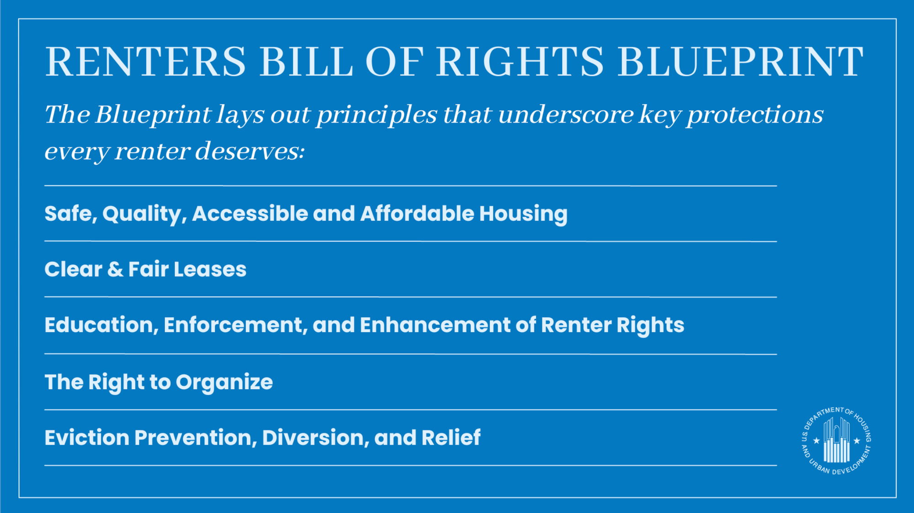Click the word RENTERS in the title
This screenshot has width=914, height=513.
(x=145, y=62)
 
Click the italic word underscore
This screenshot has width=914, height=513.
(x=566, y=114)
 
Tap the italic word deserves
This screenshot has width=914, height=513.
(x=250, y=151)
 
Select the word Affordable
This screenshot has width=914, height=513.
(x=417, y=214)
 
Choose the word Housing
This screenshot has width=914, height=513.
(x=523, y=214)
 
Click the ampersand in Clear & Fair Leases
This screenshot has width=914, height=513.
(x=115, y=269)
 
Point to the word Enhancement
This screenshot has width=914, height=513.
(x=435, y=325)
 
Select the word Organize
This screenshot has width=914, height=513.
(x=224, y=382)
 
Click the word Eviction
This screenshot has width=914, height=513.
(x=87, y=437)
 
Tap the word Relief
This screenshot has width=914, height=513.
(x=451, y=437)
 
